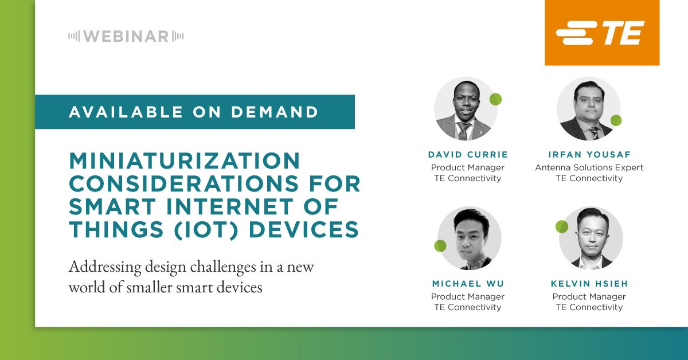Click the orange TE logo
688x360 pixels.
(601, 33)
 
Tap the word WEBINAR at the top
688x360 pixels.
(126, 37)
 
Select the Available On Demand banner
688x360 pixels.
(194, 112)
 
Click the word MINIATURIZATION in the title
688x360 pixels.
(185, 161)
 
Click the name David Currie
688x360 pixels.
(467, 155)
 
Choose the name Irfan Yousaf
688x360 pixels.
(589, 155)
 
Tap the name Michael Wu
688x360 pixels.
(467, 284)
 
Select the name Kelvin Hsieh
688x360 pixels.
(589, 284)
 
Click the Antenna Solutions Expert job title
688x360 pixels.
(589, 167)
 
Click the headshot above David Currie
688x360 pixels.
(463, 109)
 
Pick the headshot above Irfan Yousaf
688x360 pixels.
(588, 109)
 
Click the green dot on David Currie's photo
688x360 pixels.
(495, 99)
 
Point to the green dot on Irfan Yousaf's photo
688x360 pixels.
(616, 120)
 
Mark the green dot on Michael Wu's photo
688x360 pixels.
(440, 246)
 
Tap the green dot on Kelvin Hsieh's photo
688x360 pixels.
(562, 226)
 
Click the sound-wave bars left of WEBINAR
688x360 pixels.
(74, 37)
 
